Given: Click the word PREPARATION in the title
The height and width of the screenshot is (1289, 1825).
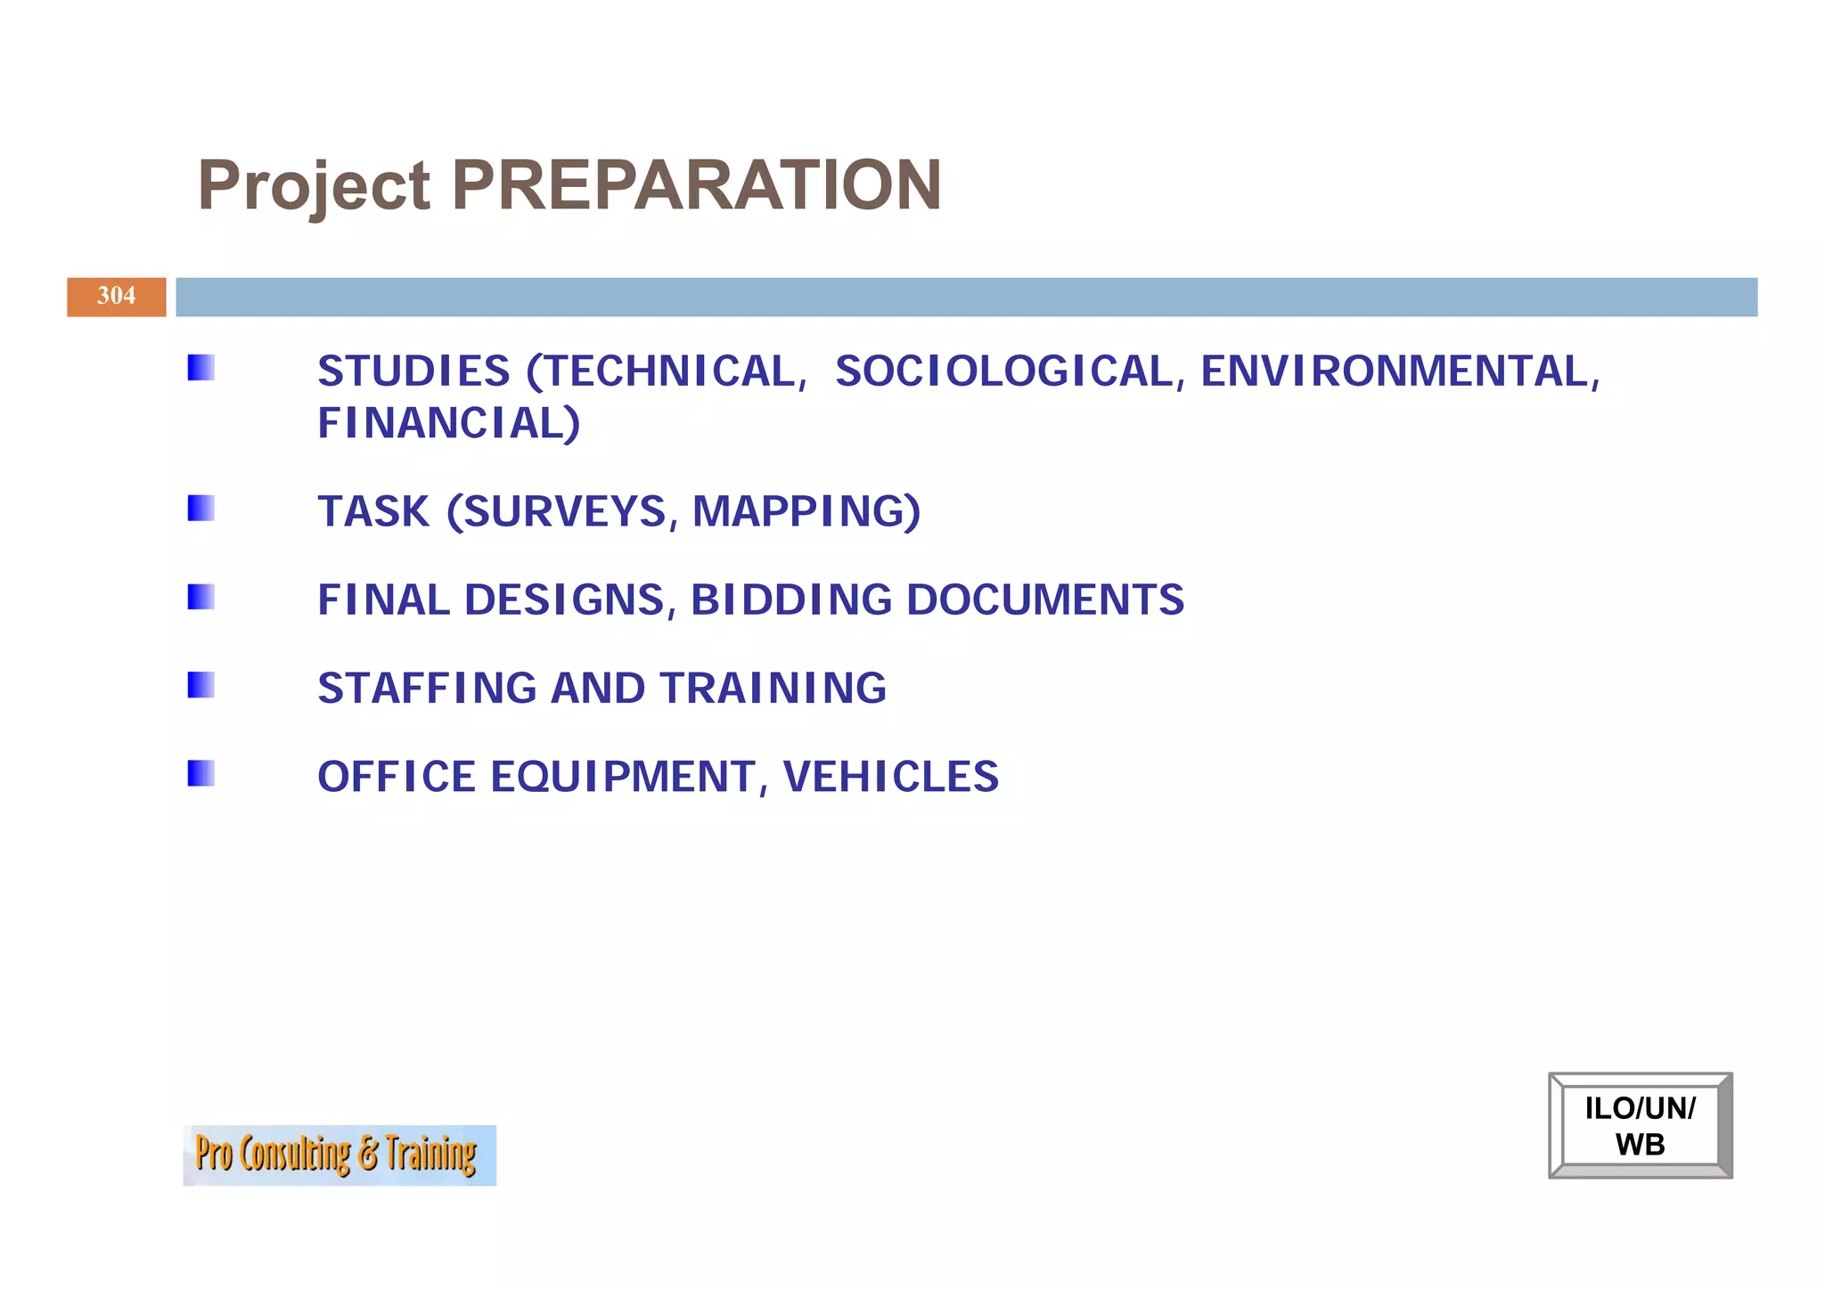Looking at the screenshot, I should pyautogui.click(x=696, y=185).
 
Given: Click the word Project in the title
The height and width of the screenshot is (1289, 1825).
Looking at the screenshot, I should pyautogui.click(x=314, y=187).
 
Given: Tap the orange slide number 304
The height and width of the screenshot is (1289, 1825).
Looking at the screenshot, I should pyautogui.click(x=117, y=297).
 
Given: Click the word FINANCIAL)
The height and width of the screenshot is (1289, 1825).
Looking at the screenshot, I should pyautogui.click(x=448, y=423).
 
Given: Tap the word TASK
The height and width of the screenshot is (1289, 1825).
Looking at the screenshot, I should pyautogui.click(x=373, y=511).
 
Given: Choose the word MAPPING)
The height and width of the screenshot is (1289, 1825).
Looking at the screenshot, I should pyautogui.click(x=806, y=511).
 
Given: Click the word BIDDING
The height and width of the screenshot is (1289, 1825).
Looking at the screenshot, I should pyautogui.click(x=790, y=600).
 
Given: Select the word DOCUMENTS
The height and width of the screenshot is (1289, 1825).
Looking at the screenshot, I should pyautogui.click(x=1044, y=600).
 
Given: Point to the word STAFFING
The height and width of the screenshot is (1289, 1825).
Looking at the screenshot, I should pyautogui.click(x=427, y=688).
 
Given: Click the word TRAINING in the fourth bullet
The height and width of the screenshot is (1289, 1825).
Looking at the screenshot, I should pyautogui.click(x=773, y=688).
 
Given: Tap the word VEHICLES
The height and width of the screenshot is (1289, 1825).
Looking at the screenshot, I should pyautogui.click(x=890, y=776).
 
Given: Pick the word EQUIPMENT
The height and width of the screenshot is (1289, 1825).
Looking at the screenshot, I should pyautogui.click(x=623, y=776).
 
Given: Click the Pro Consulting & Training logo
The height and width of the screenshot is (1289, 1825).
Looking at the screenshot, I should pyautogui.click(x=340, y=1154).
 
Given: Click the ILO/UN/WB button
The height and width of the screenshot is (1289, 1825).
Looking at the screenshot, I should pyautogui.click(x=1640, y=1125).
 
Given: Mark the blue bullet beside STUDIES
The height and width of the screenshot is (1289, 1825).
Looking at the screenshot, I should pyautogui.click(x=201, y=367).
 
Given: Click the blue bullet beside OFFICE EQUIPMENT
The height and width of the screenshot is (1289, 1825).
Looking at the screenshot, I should pyautogui.click(x=201, y=772).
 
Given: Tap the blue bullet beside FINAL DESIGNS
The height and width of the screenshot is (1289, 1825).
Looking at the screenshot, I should pyautogui.click(x=201, y=596).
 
